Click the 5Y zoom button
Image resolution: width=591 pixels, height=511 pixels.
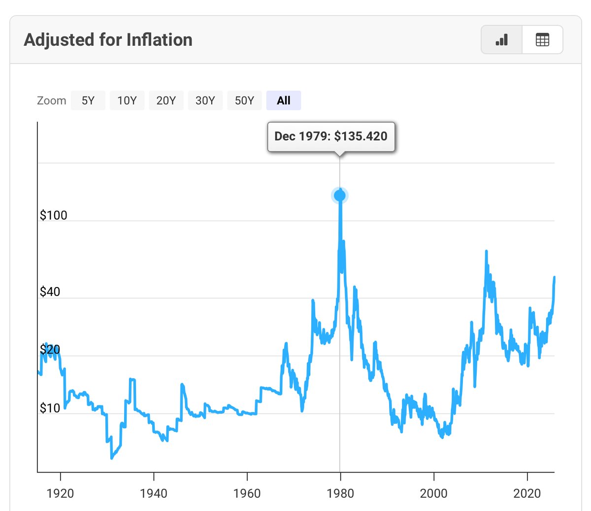coord(88,100)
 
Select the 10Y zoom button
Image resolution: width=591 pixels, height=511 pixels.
coord(127,100)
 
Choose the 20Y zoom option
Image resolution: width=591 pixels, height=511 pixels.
coord(166,100)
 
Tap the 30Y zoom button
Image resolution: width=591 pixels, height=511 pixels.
coord(205,100)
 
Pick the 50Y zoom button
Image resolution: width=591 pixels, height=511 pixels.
coord(244,100)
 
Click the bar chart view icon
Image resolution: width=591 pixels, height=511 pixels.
coord(501,40)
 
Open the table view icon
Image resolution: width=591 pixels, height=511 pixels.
coord(542,40)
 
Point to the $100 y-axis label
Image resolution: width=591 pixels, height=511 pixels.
coord(53,215)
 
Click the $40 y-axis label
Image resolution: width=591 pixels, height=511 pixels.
coord(50,292)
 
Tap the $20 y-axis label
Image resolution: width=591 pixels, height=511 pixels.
coord(50,350)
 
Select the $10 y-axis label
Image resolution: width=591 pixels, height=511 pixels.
coord(50,408)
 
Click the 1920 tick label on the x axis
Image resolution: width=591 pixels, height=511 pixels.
coord(60,493)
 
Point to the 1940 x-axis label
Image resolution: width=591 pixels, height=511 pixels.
coord(154,493)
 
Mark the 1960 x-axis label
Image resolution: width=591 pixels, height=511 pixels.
coord(247,493)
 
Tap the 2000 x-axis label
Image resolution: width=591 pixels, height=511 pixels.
coord(433,493)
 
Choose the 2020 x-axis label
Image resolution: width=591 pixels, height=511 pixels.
coord(527,493)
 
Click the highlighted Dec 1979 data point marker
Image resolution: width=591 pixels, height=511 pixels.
coord(340,195)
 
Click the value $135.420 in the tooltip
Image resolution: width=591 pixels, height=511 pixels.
coord(361,136)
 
